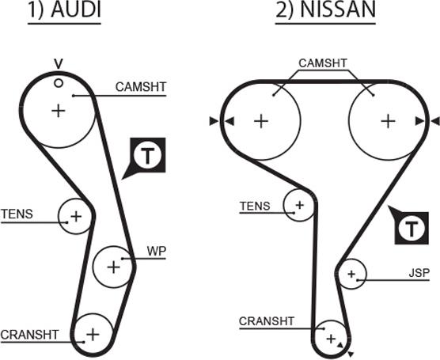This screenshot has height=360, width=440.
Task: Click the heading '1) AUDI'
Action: tap(64, 10)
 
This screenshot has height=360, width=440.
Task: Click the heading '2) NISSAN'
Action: tap(325, 10)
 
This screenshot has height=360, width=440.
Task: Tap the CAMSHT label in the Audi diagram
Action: tap(141, 87)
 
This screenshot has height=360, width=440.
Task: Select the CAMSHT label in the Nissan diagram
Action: tap(323, 63)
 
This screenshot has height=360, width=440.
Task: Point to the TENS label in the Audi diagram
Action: tap(17, 214)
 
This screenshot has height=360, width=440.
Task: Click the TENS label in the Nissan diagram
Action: tap(255, 207)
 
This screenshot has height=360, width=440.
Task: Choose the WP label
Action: tap(157, 251)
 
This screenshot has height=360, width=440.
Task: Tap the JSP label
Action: tap(419, 273)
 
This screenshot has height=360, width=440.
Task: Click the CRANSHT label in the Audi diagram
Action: tap(30, 335)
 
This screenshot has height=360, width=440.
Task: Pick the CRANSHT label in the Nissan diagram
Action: tap(267, 321)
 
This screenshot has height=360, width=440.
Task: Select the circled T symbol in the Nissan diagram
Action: tap(412, 228)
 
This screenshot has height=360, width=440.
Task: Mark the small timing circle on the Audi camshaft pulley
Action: tap(59, 83)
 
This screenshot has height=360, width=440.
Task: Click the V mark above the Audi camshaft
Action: tap(59, 64)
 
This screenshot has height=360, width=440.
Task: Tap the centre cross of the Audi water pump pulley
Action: tap(114, 267)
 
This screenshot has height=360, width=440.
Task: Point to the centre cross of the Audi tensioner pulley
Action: tap(76, 216)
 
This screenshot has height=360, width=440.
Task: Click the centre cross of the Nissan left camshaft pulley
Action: tap(261, 121)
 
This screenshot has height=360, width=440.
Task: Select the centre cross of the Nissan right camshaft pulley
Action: tap(388, 121)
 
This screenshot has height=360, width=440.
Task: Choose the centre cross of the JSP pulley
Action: tap(351, 274)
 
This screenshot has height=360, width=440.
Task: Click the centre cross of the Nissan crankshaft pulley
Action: tap(331, 339)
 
